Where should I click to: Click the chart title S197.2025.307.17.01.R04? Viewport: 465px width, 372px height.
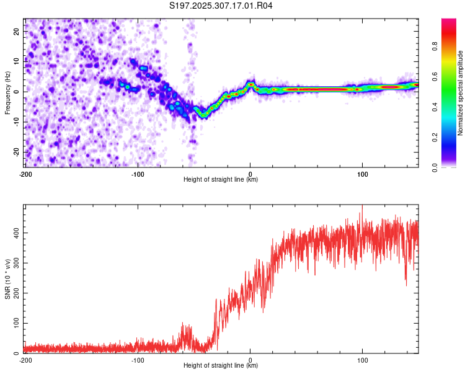click(x=221, y=6)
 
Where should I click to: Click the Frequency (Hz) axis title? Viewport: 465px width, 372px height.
click(x=7, y=92)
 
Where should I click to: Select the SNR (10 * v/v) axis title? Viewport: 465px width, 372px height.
click(x=7, y=279)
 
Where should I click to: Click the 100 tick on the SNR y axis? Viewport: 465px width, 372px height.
click(x=15, y=324)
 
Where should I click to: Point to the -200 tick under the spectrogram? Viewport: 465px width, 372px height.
click(x=25, y=173)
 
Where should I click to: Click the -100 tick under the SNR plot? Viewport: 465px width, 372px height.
click(x=138, y=360)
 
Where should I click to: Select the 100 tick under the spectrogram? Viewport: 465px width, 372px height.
click(x=362, y=173)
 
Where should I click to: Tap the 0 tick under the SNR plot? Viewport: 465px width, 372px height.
click(x=250, y=360)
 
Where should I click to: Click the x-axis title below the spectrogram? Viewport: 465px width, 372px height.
click(x=221, y=179)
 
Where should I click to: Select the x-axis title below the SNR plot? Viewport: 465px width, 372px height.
click(x=221, y=366)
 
